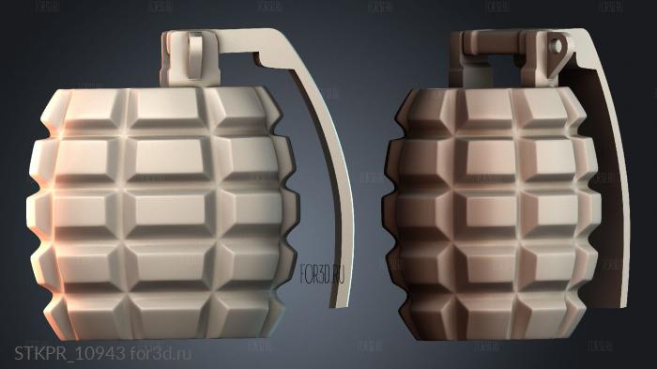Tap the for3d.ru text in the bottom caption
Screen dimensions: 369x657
pyautogui.click(x=160, y=353)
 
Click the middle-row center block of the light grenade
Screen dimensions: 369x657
pyautogui.click(x=164, y=208)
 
